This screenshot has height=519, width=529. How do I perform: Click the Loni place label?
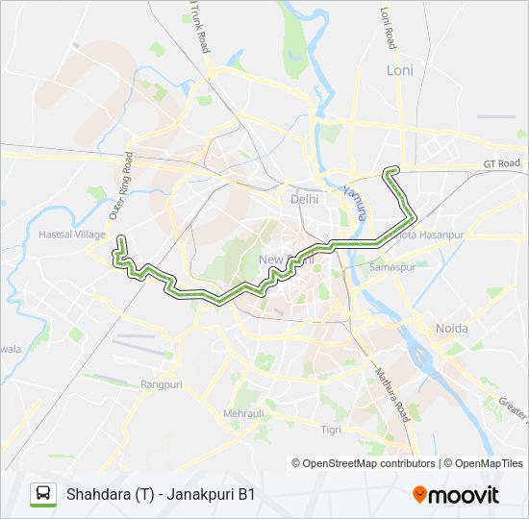[399, 70]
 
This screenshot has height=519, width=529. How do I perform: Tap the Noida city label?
[451, 329]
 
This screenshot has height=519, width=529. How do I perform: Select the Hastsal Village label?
[71, 234]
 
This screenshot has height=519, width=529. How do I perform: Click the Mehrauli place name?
[242, 413]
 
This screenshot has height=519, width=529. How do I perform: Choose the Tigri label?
[331, 429]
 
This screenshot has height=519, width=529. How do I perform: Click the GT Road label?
[502, 163]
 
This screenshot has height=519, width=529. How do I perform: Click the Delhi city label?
[304, 199]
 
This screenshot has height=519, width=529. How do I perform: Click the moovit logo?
[456, 495]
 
